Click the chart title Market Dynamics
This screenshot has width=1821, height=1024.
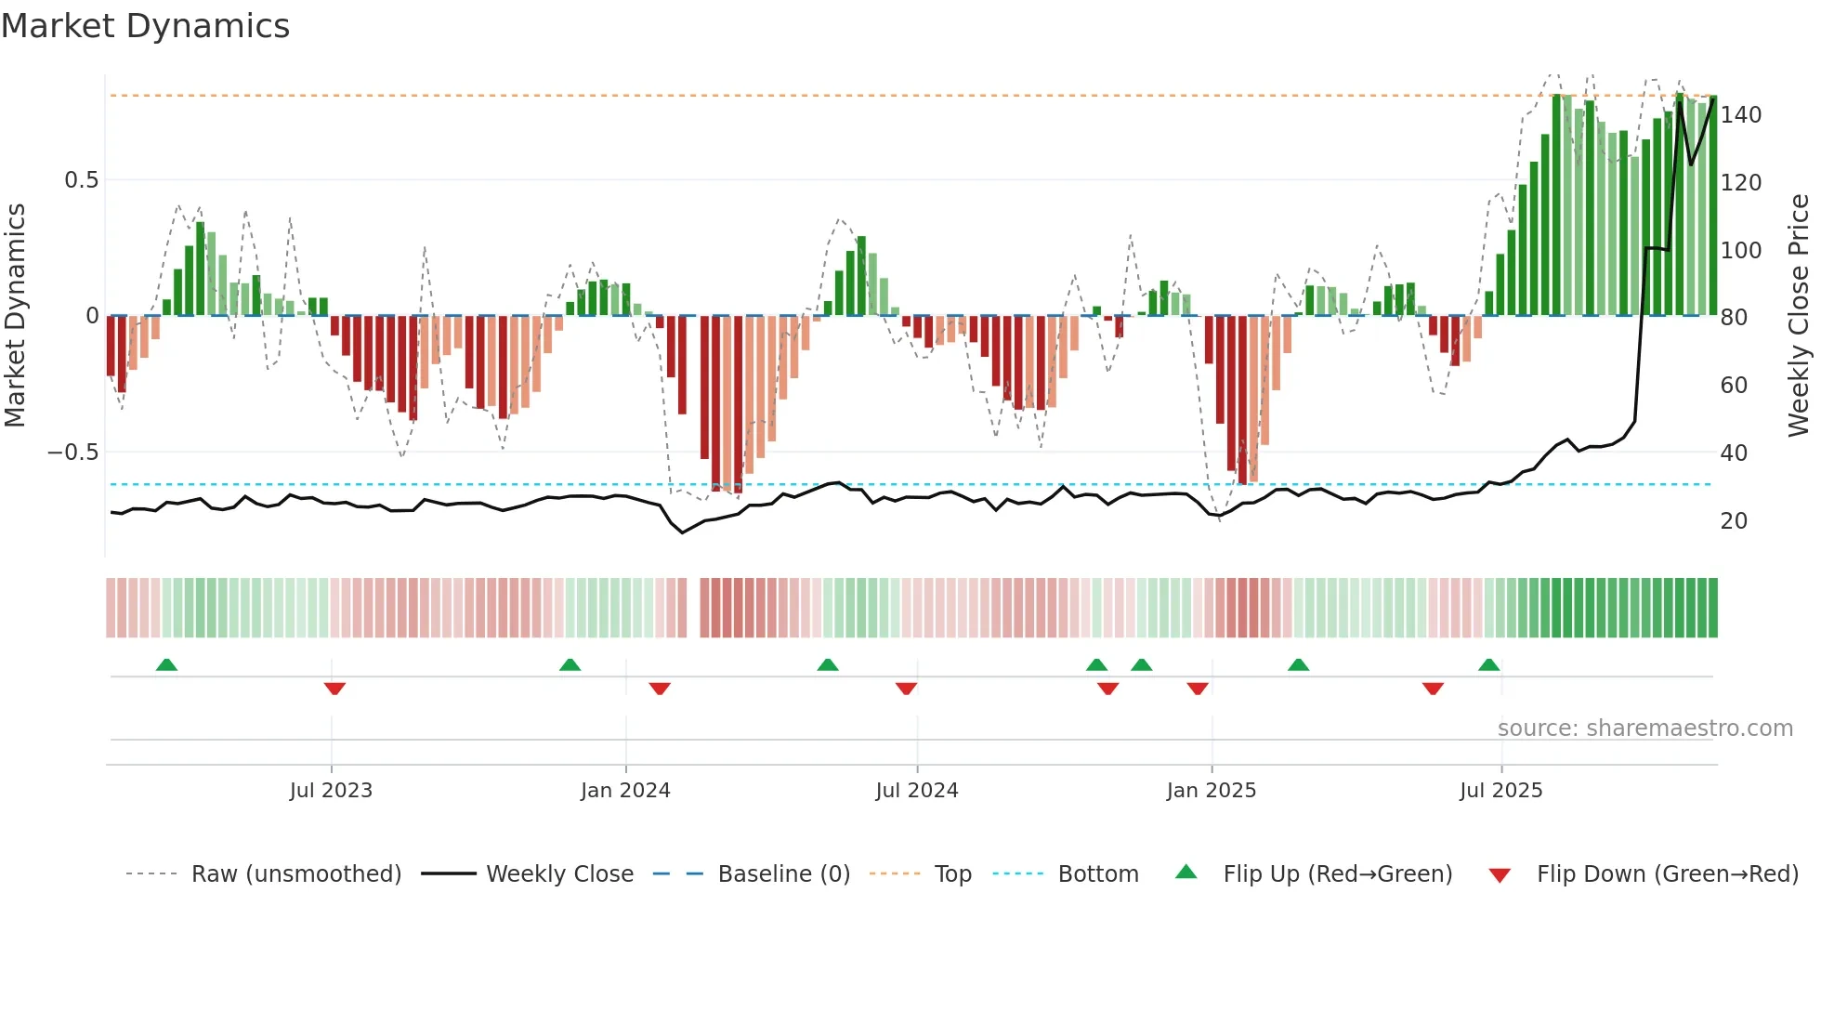coord(145,26)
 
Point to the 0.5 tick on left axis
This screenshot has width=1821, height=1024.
coord(82,180)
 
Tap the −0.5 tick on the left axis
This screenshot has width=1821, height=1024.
coord(73,453)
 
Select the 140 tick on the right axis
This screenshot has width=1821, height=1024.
coord(1740,115)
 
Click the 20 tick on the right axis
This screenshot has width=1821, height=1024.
coord(1734,521)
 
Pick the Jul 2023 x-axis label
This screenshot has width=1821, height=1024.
coord(331,791)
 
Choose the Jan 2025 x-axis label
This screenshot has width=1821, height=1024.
coord(1211,791)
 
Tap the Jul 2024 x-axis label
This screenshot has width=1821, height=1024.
coord(916,791)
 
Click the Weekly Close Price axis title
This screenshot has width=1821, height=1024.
coord(1799,316)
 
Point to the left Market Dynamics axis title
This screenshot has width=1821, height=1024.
coord(15,316)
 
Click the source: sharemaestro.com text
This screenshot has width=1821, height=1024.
coord(1644,729)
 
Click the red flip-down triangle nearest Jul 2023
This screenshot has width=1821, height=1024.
coord(334,689)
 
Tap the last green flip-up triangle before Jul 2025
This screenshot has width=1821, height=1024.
coord(1488,664)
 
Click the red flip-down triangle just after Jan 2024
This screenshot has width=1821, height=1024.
coord(660,689)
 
